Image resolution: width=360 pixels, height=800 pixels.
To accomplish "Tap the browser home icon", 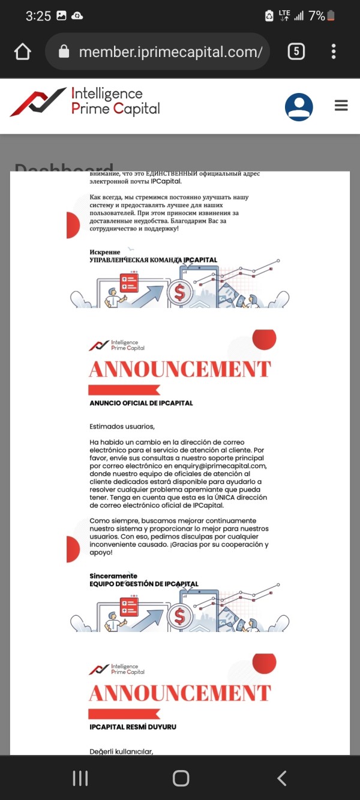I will click(23, 52).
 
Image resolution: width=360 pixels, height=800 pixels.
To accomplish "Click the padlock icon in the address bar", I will click(64, 52).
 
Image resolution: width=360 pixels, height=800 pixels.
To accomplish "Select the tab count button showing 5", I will click(296, 52).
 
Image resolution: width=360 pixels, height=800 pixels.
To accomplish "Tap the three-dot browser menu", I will click(334, 52).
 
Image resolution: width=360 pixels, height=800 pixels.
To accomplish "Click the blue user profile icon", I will click(299, 107).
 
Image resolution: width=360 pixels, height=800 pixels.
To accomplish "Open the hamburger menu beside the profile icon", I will click(341, 106).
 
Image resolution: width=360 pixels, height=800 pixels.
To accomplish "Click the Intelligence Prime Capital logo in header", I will click(85, 102).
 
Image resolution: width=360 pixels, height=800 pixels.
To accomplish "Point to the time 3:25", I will click(38, 16).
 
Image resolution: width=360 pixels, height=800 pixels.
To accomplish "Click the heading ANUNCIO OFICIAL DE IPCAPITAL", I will click(141, 403).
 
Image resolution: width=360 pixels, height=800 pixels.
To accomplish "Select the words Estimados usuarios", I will click(122, 427).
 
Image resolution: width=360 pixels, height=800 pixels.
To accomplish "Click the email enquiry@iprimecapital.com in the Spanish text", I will click(218, 466).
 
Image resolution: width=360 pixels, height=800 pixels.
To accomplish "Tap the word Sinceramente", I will click(113, 576).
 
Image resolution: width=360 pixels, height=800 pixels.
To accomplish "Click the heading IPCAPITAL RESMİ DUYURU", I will click(133, 727).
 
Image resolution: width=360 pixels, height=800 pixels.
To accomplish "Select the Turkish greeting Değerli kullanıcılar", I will click(121, 750).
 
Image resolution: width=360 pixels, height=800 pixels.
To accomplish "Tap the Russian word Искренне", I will click(105, 252).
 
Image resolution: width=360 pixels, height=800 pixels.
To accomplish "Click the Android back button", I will click(282, 778).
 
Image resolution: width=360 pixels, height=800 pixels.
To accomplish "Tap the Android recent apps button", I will click(80, 778).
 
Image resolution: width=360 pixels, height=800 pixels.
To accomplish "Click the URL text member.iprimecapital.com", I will click(170, 52).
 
